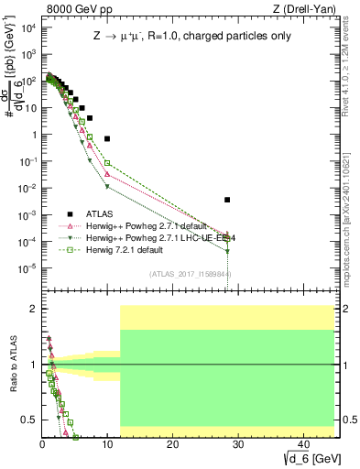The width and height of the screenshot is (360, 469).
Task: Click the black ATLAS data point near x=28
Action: click(x=227, y=199)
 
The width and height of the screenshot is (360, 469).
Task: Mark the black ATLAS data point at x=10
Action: click(x=107, y=138)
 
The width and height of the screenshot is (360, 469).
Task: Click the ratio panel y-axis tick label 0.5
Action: click(x=27, y=420)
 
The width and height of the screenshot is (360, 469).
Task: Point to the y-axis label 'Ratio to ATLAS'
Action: click(x=13, y=365)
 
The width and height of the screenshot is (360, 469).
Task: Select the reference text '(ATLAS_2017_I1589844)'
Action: click(x=190, y=273)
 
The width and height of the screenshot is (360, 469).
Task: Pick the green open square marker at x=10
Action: click(x=107, y=163)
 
